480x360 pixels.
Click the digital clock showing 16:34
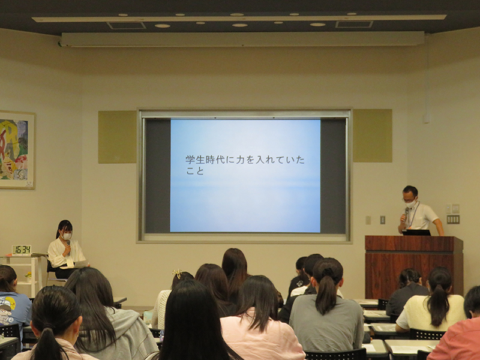click(22, 250)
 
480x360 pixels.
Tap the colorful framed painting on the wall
click(17, 149)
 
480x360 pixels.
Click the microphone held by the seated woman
click(68, 246)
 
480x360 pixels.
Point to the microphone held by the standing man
click(406, 213)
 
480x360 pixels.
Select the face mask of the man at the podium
click(411, 203)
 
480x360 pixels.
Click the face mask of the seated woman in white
click(67, 236)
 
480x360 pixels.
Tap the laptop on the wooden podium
click(416, 232)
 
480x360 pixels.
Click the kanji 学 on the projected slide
click(190, 160)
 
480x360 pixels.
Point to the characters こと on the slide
click(195, 171)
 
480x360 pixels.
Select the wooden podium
click(414, 266)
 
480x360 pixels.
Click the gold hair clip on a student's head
click(177, 272)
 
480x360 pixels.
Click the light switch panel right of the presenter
click(453, 219)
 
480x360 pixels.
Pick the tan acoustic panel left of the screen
click(117, 137)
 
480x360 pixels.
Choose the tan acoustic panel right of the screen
click(373, 136)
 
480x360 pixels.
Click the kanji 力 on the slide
click(240, 160)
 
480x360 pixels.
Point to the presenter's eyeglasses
click(409, 200)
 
